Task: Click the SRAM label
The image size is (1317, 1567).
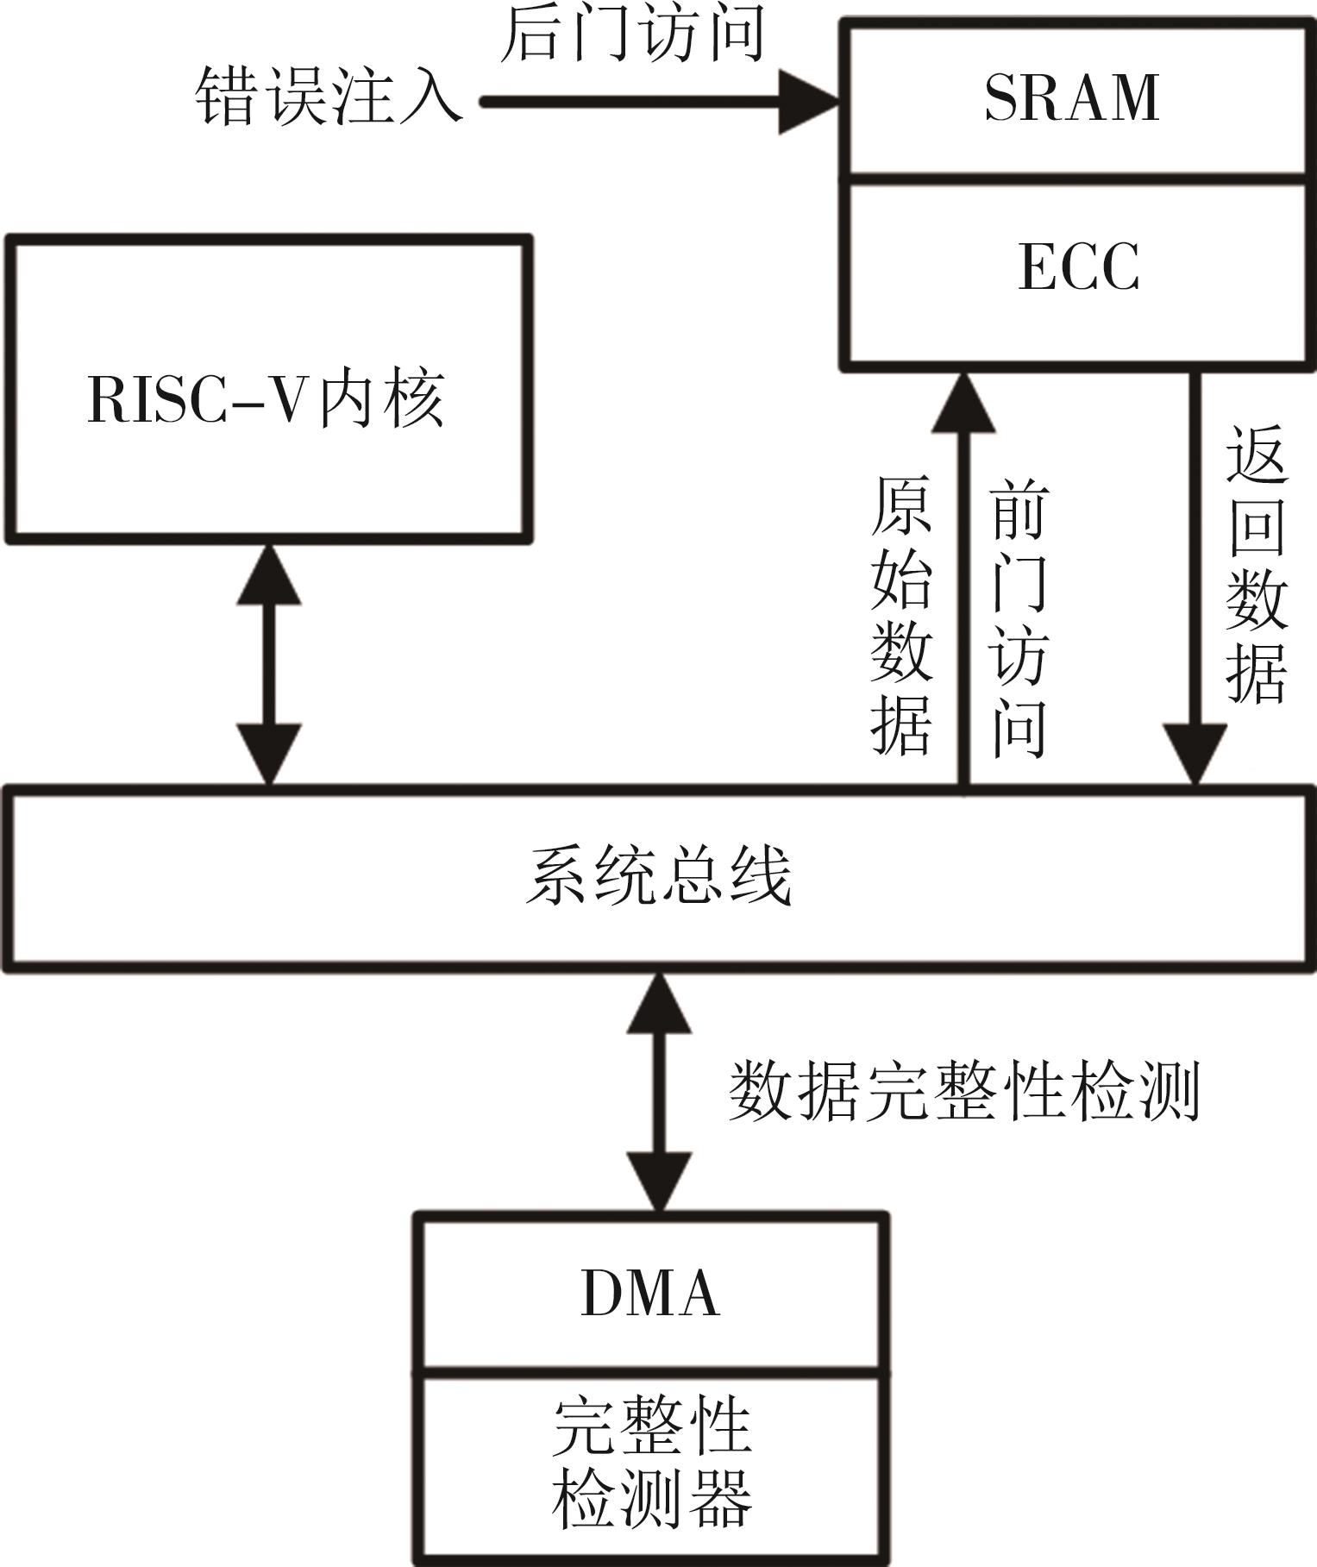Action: pyautogui.click(x=1072, y=97)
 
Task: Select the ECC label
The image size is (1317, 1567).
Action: pyautogui.click(x=1079, y=266)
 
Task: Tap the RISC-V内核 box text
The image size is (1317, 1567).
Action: pyautogui.click(x=267, y=398)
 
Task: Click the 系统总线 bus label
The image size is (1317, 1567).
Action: pyautogui.click(x=659, y=877)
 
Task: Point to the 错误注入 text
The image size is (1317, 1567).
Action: pyautogui.click(x=329, y=97)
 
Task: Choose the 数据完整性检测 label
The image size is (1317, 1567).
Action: pyautogui.click(x=964, y=1091)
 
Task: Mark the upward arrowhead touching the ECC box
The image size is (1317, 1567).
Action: pyautogui.click(x=963, y=404)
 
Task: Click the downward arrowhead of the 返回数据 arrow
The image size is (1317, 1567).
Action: pyautogui.click(x=1195, y=753)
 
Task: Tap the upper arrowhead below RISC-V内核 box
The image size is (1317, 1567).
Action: pyautogui.click(x=269, y=576)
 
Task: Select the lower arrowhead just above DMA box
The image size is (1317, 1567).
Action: pyautogui.click(x=659, y=1182)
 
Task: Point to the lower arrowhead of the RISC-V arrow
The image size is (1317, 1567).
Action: pyautogui.click(x=269, y=753)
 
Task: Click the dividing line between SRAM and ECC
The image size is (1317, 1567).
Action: pyautogui.click(x=1077, y=179)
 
